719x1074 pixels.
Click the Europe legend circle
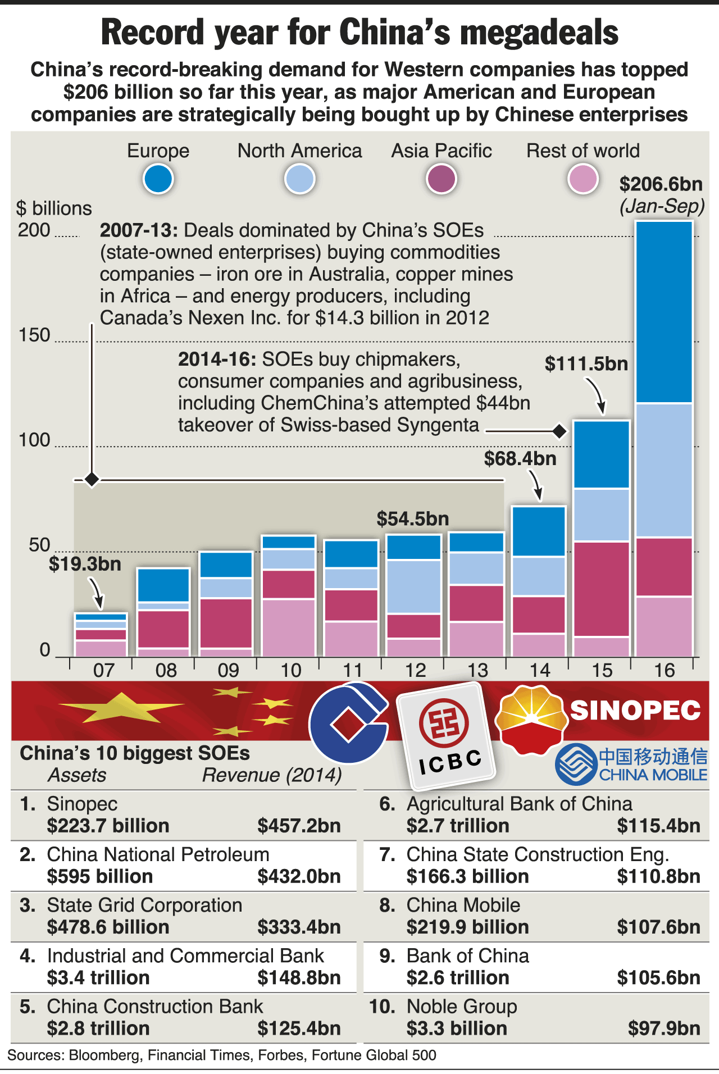pos(158,179)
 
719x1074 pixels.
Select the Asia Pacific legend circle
pos(441,179)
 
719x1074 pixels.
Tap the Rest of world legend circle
pos(583,179)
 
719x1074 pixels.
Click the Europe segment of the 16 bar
pos(664,312)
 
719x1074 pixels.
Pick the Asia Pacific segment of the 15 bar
pos(601,589)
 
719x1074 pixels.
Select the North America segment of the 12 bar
pos(413,586)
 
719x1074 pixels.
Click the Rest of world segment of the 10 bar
pos(289,627)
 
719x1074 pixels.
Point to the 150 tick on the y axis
pos(35,335)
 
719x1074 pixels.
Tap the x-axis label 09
pos(228,670)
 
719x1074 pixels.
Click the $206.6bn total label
pos(661,184)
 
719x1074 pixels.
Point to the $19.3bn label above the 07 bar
pos(85,564)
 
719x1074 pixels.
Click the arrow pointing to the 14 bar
pos(536,485)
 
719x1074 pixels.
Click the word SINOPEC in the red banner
pos(635,711)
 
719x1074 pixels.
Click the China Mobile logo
pos(631,764)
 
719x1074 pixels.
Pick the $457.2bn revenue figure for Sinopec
pos(299,826)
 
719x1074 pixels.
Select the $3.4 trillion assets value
pos(98,978)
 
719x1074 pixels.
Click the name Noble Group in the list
pos(462,1007)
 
